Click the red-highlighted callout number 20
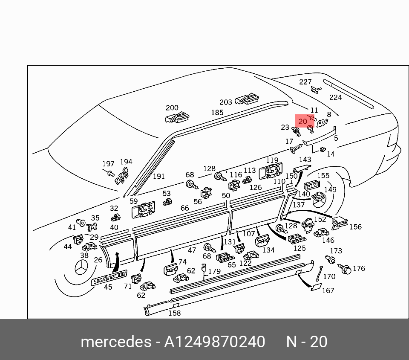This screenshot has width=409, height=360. tap(302, 122)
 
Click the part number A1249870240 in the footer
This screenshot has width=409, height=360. tap(215, 342)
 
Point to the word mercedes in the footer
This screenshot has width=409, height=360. tap(115, 342)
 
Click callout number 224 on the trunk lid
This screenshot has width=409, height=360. tap(335, 97)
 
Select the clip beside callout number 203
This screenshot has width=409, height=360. tap(248, 99)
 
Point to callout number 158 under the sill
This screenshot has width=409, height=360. tap(175, 313)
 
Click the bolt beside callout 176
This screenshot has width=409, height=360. tap(346, 269)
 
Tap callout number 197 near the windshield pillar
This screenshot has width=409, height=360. tap(108, 164)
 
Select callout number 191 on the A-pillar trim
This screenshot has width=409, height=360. tap(158, 176)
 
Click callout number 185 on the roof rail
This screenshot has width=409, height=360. tap(217, 113)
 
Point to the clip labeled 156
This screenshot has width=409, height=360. tap(340, 222)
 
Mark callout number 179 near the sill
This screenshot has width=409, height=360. tap(214, 271)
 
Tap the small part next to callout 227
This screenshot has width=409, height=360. tap(316, 90)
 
